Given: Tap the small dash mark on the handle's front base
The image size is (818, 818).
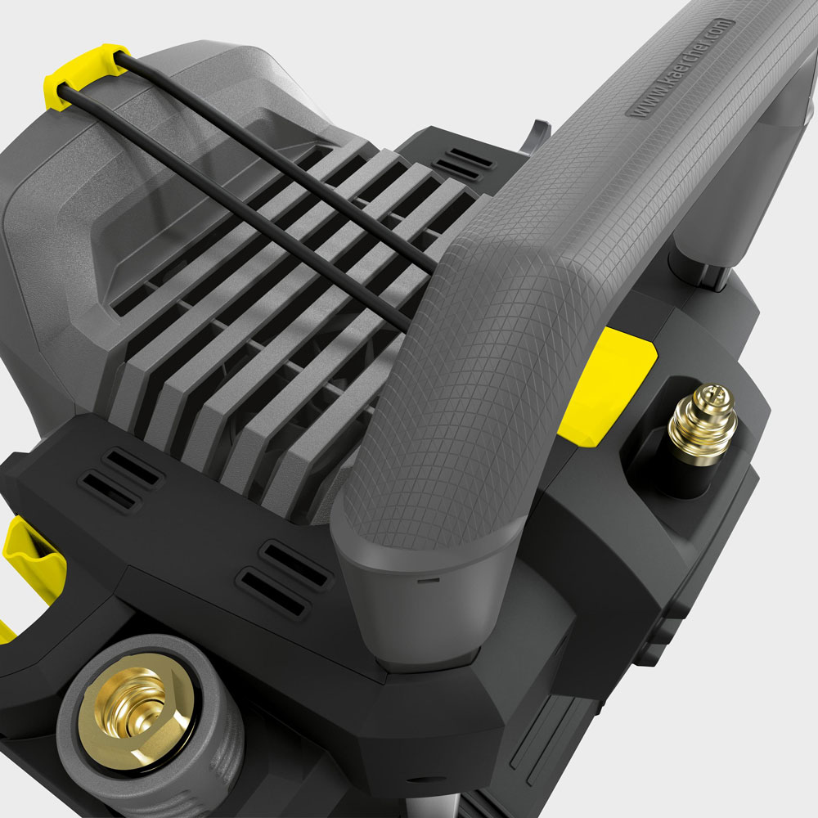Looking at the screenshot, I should pos(425,579).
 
